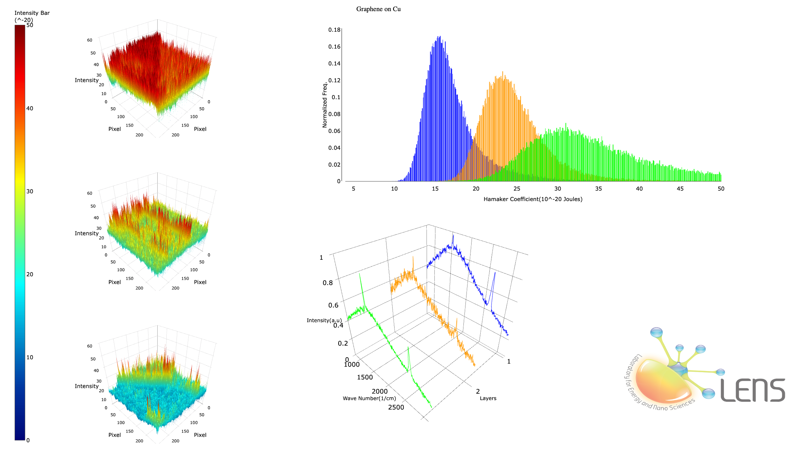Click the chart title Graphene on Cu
378,9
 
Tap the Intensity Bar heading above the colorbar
32,13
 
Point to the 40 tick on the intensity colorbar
30,108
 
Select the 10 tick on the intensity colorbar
30,357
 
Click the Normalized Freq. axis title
325,104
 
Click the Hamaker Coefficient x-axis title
533,199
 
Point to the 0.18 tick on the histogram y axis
334,30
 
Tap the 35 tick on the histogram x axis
598,189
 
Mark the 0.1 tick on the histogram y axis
336,97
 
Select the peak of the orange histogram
503,72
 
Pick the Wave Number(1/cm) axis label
369,398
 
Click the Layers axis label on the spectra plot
488,398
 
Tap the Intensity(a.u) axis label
324,320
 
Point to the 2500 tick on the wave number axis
396,407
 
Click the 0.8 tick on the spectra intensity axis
327,283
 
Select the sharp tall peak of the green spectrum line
359,274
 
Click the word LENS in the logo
753,390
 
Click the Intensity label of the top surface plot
86,80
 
